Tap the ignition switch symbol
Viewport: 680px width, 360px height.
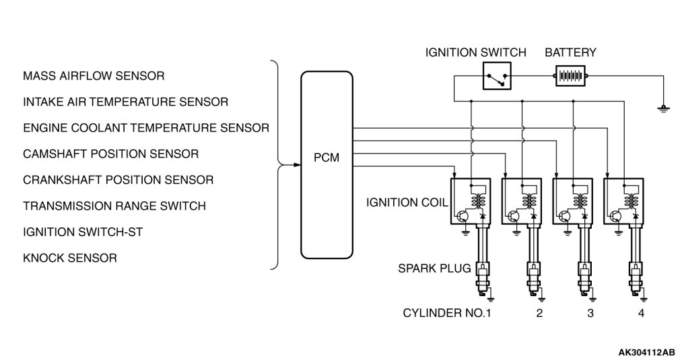(497, 76)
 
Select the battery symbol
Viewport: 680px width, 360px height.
(570, 76)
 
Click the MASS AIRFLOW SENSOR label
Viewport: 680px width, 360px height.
(94, 76)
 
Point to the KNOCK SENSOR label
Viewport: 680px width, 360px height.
(70, 258)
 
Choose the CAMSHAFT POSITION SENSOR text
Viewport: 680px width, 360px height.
(110, 154)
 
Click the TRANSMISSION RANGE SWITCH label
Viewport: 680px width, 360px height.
(114, 206)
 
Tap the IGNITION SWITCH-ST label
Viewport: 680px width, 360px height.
(83, 231)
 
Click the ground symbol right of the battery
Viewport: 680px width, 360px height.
(663, 108)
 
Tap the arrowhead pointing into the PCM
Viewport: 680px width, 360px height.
(297, 165)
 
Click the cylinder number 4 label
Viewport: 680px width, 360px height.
(641, 313)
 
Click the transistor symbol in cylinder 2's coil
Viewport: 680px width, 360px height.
(514, 216)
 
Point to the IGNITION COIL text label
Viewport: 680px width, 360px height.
(407, 203)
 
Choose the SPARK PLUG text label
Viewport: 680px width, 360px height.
(434, 268)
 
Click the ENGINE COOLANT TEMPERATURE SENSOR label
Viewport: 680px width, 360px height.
(146, 128)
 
